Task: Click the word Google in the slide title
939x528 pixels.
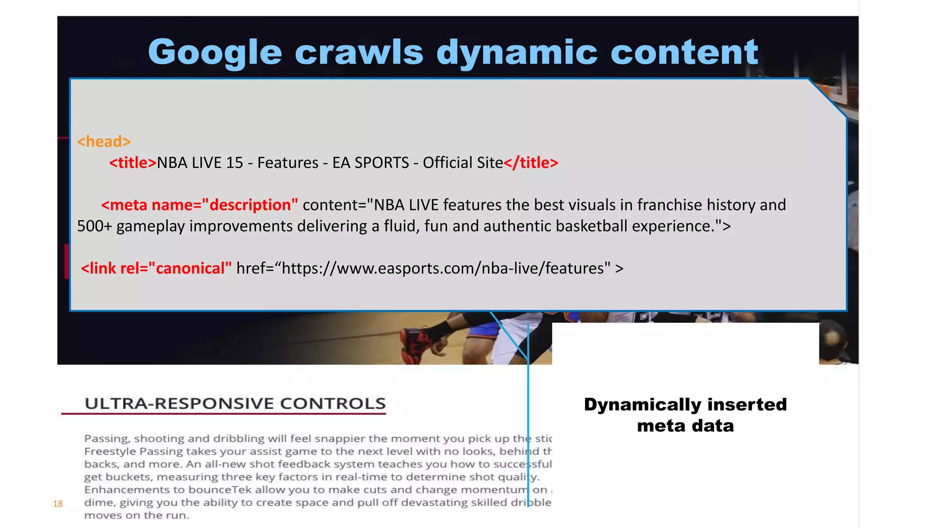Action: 215,53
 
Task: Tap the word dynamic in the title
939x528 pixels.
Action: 517,53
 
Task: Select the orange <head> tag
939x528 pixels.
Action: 104,142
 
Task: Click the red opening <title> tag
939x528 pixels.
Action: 133,163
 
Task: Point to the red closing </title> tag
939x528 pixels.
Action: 531,163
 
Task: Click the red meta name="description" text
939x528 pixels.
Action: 200,205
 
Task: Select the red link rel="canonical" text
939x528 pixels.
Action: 156,268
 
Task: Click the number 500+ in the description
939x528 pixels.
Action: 94,226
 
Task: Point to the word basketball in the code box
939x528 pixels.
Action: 591,226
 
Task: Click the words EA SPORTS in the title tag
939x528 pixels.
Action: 370,163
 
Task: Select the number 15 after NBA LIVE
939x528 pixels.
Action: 234,163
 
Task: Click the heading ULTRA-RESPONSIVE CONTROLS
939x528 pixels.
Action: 235,403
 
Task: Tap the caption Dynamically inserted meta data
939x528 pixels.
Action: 685,415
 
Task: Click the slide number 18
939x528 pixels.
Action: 58,504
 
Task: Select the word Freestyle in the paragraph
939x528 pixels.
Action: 110,451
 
